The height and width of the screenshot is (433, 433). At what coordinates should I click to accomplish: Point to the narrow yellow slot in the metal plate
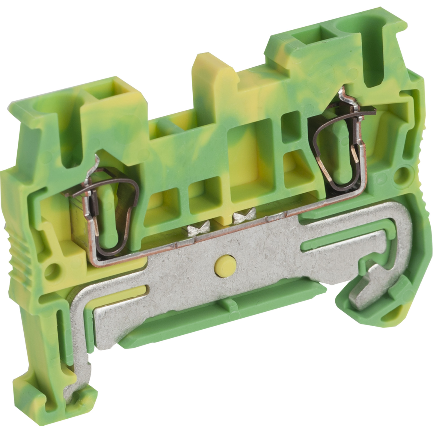pyautogui.click(x=141, y=295)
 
